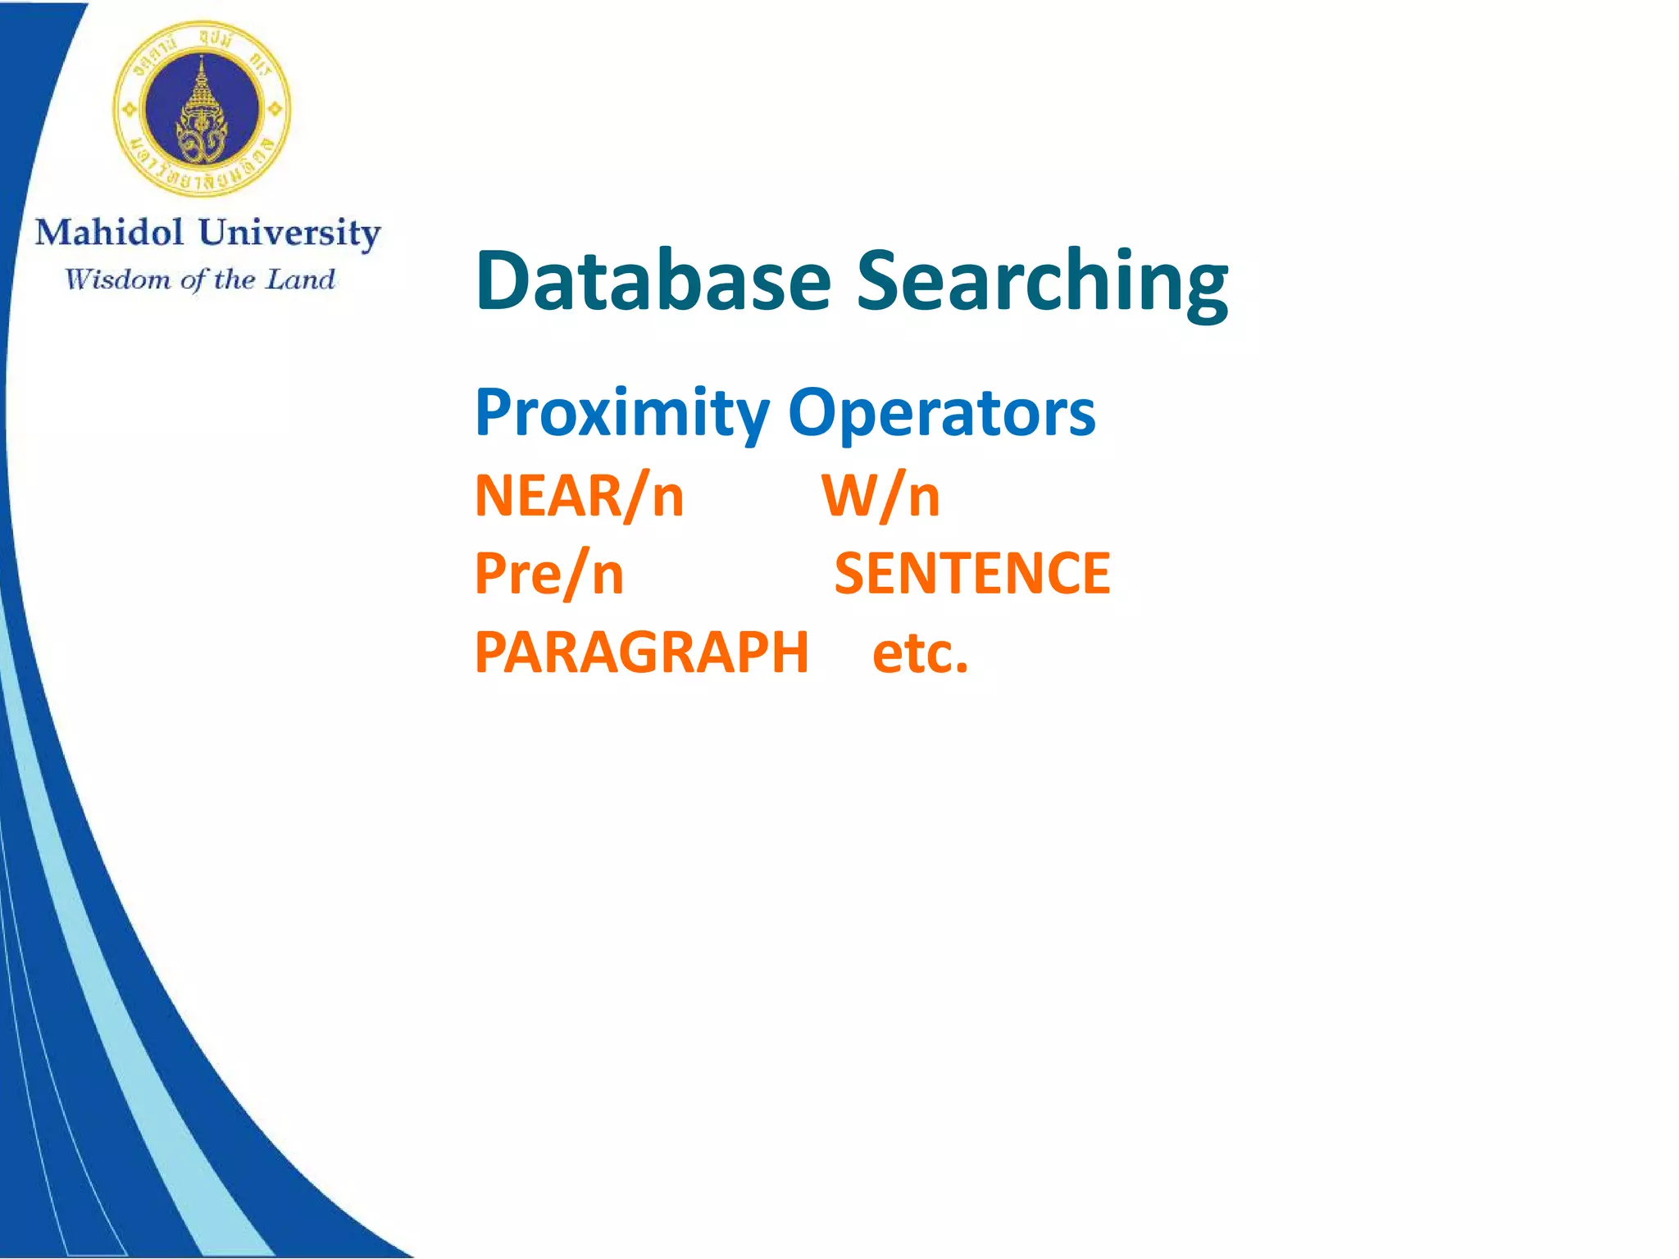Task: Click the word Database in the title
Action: pos(653,280)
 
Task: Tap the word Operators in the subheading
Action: pos(941,412)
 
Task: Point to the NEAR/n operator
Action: pos(579,496)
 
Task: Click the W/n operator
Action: pos(880,496)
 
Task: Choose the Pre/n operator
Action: pos(549,573)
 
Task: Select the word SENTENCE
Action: pos(971,573)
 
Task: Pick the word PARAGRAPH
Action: pos(642,652)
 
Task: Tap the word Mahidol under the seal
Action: pos(109,233)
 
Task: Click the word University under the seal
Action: pos(289,233)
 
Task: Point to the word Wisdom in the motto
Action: pos(118,280)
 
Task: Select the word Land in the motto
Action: pos(301,280)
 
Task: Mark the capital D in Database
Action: pos(503,280)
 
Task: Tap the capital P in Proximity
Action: pos(494,412)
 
